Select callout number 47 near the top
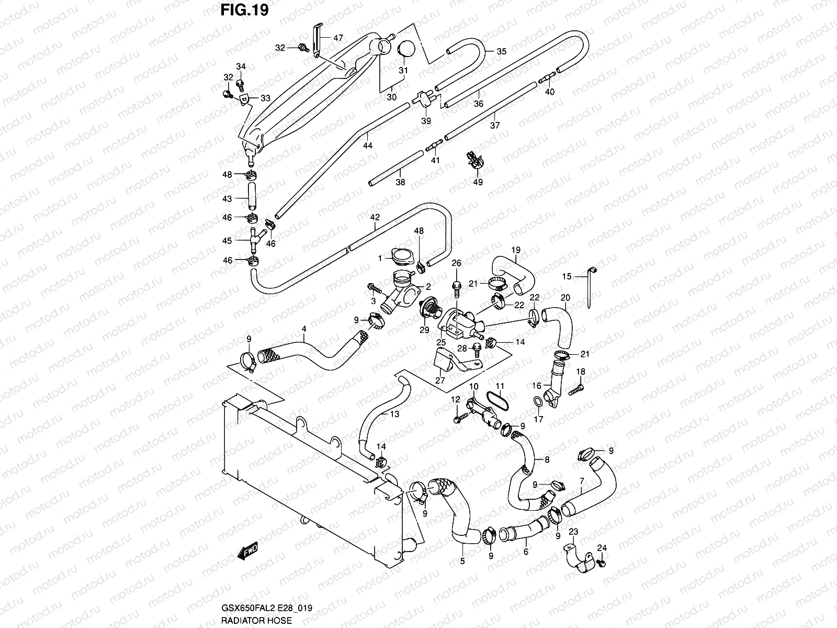click(x=338, y=38)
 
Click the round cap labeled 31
click(x=406, y=49)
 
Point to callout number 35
click(x=501, y=51)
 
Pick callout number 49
click(x=478, y=182)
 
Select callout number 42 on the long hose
click(x=375, y=216)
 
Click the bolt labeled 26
click(x=456, y=285)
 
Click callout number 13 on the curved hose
click(x=394, y=413)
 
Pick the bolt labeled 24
click(x=601, y=563)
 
